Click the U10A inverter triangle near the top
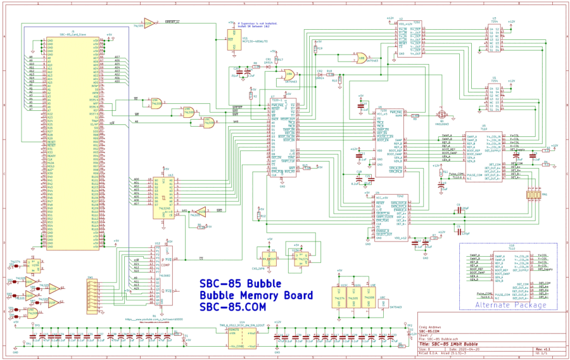150,22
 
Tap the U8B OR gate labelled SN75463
362,57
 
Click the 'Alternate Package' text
510,305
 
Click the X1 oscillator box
269,259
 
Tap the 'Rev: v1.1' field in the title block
544,348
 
